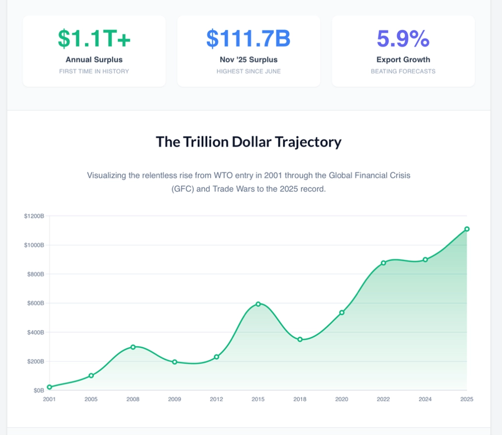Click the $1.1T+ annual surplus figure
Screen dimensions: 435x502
(x=94, y=39)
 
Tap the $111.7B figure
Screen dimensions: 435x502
(x=248, y=39)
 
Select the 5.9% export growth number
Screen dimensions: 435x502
(x=403, y=39)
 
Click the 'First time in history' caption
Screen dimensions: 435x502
(x=94, y=71)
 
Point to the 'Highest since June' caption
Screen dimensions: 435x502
(x=248, y=71)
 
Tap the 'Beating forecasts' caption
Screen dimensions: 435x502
(x=403, y=71)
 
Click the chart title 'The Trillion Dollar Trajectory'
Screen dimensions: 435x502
(x=248, y=142)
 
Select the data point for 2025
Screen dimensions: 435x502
(x=467, y=229)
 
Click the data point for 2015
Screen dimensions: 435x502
(x=258, y=304)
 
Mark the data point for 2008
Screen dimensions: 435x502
(x=133, y=347)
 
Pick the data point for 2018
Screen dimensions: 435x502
(x=300, y=340)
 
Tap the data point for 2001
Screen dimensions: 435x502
(x=49, y=387)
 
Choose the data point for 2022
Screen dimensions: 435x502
(x=383, y=263)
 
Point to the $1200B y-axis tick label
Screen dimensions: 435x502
(x=34, y=216)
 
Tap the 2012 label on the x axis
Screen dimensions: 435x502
(x=216, y=399)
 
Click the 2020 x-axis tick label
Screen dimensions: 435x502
(x=341, y=399)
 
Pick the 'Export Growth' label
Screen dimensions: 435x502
(x=403, y=60)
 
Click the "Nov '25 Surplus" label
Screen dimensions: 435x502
(x=248, y=60)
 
